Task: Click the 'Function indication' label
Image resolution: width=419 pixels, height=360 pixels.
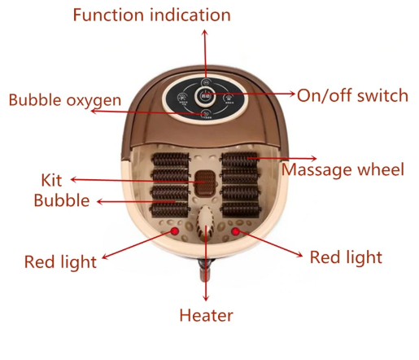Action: (151, 15)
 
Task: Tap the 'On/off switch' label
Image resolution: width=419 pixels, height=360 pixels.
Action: (352, 95)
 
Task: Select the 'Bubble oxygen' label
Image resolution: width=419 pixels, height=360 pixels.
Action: (65, 101)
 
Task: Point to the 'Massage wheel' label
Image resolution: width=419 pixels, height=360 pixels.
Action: (343, 170)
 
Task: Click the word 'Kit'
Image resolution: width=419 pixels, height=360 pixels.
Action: (51, 180)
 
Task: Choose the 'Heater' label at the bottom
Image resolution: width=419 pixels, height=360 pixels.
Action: (206, 315)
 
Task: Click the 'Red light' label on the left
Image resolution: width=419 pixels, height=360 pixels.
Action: (60, 262)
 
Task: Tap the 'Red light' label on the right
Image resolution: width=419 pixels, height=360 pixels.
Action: (346, 257)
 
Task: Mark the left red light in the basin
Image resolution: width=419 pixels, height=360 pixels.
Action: (175, 231)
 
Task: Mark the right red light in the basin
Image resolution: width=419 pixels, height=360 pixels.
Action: (235, 231)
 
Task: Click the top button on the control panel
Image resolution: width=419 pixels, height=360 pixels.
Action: (206, 82)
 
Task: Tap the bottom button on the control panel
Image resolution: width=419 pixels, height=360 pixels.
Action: (207, 113)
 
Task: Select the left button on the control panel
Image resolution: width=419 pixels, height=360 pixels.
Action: (183, 98)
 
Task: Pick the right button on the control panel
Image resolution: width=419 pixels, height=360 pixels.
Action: (229, 98)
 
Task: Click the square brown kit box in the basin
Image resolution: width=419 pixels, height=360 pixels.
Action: (205, 182)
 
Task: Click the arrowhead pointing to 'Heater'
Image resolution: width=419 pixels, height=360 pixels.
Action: (206, 298)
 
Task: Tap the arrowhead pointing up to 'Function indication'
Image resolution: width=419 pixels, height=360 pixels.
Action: (205, 33)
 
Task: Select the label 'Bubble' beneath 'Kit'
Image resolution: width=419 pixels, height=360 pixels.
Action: (62, 200)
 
